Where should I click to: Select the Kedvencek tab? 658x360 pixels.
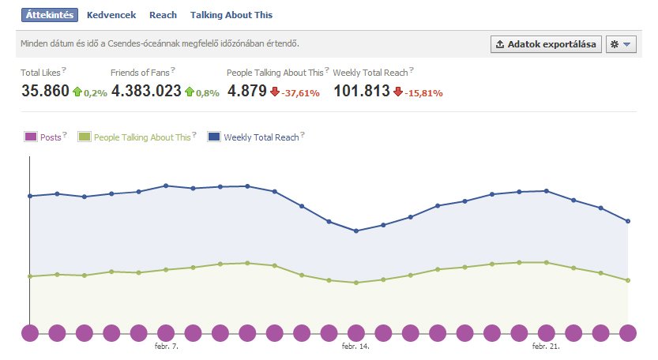pyautogui.click(x=111, y=15)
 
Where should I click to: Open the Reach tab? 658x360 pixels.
pyautogui.click(x=163, y=15)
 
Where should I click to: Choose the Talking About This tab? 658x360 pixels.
pyautogui.click(x=231, y=15)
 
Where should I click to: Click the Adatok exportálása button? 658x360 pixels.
pyautogui.click(x=546, y=44)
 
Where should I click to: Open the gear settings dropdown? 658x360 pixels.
pyautogui.click(x=621, y=44)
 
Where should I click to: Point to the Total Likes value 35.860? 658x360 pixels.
pyautogui.click(x=45, y=91)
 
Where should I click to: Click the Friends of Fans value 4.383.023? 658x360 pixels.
pyautogui.click(x=146, y=91)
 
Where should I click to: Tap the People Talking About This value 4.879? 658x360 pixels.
pyautogui.click(x=246, y=91)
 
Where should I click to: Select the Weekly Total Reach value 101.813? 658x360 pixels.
pyautogui.click(x=361, y=91)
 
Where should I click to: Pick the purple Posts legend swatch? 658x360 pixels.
pyautogui.click(x=31, y=137)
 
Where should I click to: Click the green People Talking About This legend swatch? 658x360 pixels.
pyautogui.click(x=85, y=137)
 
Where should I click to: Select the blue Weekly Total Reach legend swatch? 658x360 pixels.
pyautogui.click(x=214, y=137)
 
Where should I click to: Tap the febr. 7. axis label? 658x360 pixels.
pyautogui.click(x=166, y=347)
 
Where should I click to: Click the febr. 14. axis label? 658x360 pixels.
pyautogui.click(x=355, y=347)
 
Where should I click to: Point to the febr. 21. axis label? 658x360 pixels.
pyautogui.click(x=546, y=347)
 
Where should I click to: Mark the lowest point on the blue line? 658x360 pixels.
pyautogui.click(x=356, y=231)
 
